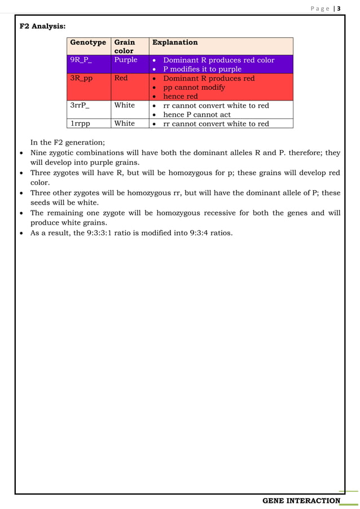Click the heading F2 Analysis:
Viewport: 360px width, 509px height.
coord(42,26)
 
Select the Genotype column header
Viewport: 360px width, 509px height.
coord(87,42)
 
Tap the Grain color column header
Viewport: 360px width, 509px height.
coord(125,46)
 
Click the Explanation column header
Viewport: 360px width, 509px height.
coord(175,42)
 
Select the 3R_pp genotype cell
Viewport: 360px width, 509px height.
coord(81,78)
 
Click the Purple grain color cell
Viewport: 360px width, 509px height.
coord(125,60)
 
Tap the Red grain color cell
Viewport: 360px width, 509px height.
coord(121,78)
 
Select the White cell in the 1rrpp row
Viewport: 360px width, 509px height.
coord(124,124)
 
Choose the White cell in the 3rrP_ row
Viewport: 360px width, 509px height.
coord(124,106)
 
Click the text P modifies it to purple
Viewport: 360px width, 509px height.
coord(202,69)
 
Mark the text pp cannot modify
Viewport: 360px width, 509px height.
coord(194,87)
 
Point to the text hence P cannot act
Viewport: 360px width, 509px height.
coord(196,115)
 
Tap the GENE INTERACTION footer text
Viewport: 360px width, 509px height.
coord(302,501)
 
